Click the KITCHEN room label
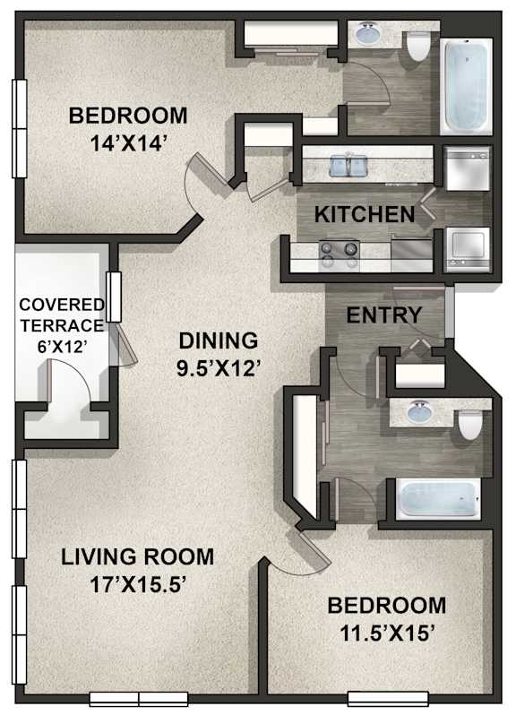click(365, 214)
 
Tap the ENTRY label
click(384, 315)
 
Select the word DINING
click(219, 340)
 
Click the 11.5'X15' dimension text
click(386, 633)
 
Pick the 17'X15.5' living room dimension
click(138, 584)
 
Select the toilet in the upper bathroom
click(418, 45)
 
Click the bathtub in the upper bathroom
click(466, 86)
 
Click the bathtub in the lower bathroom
click(437, 499)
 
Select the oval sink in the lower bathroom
click(418, 411)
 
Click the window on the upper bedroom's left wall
click(20, 129)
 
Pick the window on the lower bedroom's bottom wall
click(388, 699)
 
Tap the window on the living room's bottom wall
click(139, 699)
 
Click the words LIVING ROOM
click(137, 556)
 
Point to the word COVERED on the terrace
click(62, 305)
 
